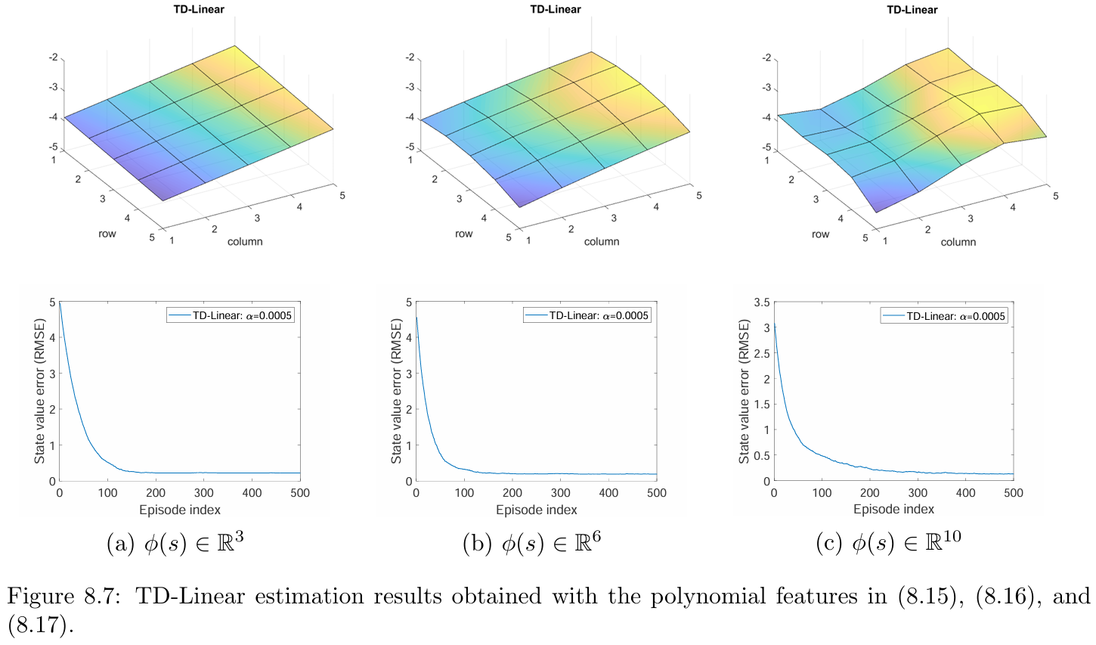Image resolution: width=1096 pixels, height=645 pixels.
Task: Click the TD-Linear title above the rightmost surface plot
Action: [x=912, y=10]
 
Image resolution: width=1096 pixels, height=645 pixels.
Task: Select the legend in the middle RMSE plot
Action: [x=587, y=315]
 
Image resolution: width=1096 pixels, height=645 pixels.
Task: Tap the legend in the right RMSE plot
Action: [x=944, y=315]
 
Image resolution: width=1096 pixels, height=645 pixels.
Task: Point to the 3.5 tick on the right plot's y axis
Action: [x=761, y=302]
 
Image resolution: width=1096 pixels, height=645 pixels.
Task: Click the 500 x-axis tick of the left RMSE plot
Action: [x=300, y=493]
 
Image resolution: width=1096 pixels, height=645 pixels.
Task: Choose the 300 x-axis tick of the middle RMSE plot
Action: [x=560, y=493]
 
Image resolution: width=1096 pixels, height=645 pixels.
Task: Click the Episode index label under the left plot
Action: [x=180, y=509]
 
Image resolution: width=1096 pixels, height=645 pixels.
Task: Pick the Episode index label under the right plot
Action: [x=893, y=509]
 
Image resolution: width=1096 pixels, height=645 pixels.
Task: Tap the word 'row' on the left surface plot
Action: [x=107, y=234]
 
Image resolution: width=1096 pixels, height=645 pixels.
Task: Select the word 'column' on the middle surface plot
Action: [x=602, y=241]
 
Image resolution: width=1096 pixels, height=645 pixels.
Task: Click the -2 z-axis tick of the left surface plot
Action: [x=54, y=57]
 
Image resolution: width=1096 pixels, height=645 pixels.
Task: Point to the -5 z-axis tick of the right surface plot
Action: [x=767, y=147]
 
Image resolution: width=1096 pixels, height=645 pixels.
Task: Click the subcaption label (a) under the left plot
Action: [x=121, y=544]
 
